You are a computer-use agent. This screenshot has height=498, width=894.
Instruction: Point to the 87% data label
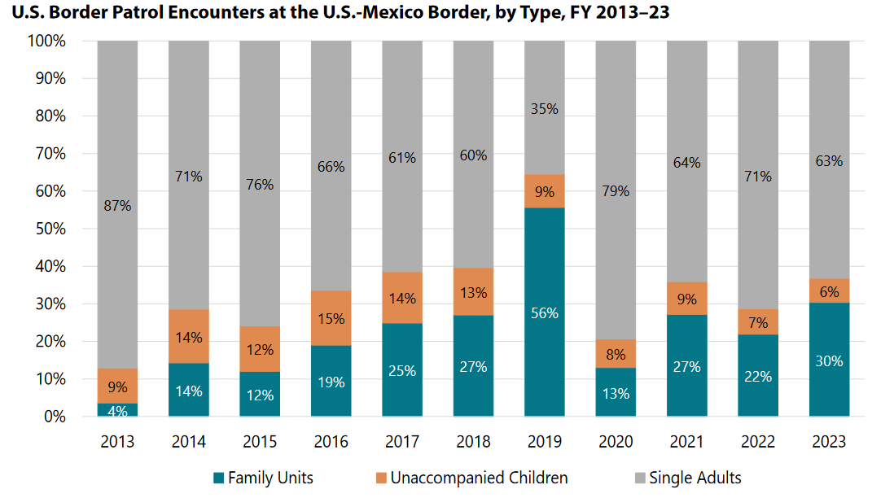tap(117, 206)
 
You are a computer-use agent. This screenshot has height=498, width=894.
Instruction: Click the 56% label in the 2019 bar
tap(544, 312)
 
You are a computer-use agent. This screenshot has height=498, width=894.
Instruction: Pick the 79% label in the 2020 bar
tap(616, 191)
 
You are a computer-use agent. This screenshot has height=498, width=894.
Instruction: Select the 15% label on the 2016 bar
tap(331, 319)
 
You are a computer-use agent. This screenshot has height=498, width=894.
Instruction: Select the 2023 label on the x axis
tap(829, 442)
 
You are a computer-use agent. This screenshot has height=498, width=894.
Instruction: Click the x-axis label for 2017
tap(402, 442)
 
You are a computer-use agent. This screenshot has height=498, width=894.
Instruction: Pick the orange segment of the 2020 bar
tap(616, 354)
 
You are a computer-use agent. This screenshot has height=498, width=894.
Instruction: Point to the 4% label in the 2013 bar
tap(117, 412)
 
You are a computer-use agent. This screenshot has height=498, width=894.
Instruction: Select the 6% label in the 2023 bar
tap(829, 291)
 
